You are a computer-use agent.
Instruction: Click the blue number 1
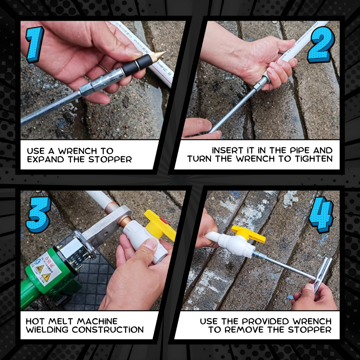point(35,44)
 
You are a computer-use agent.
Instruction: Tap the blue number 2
point(320,45)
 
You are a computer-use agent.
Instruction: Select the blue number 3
point(39,214)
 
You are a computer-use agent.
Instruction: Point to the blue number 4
point(321,214)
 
